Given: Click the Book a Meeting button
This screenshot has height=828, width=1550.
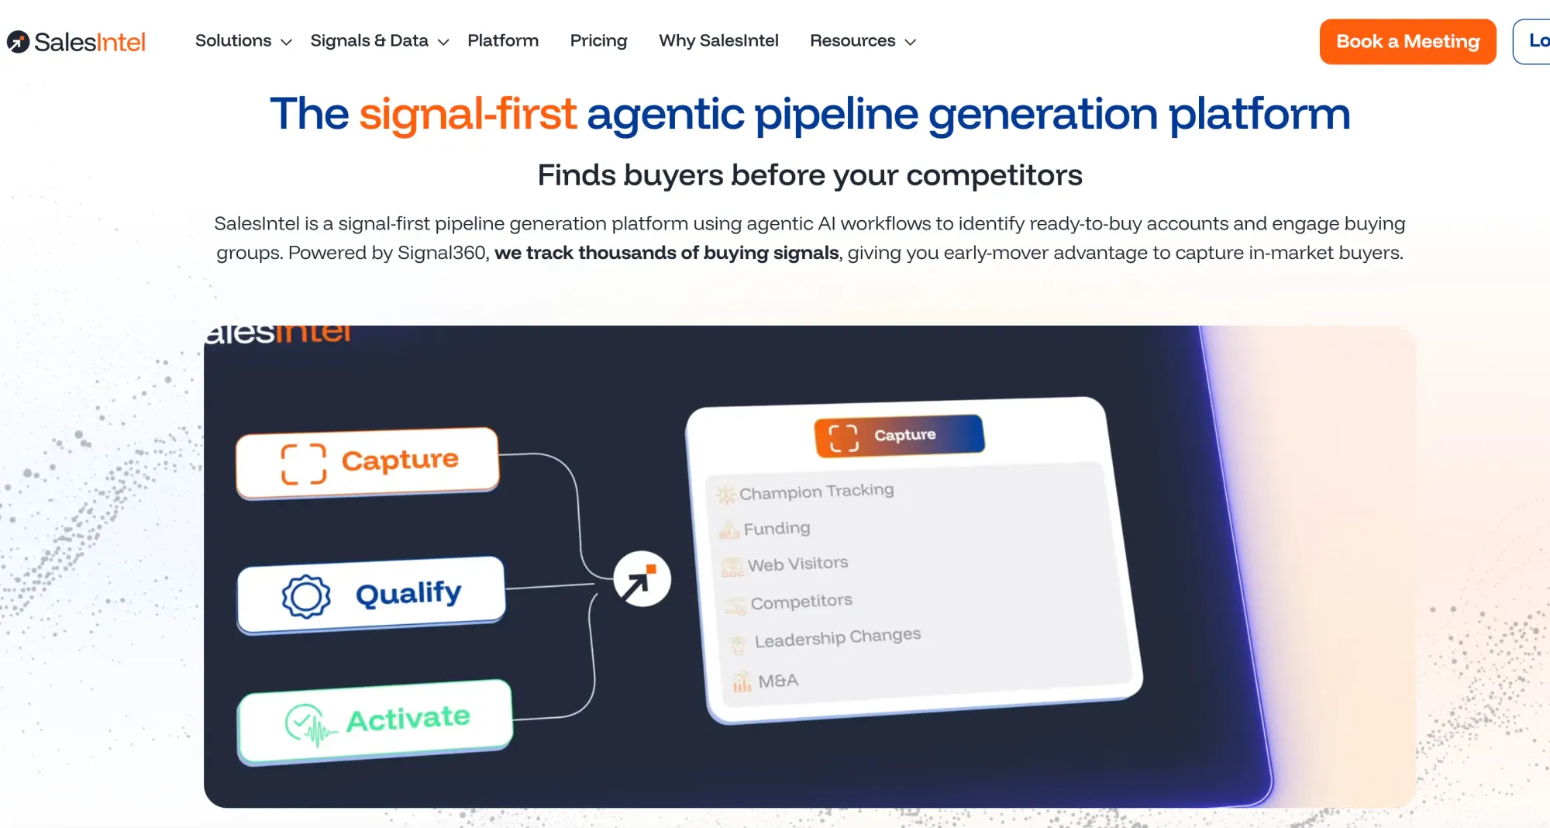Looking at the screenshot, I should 1407,42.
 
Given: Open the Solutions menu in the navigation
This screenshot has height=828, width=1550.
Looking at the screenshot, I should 243,41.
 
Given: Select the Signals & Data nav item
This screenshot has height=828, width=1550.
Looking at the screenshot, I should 379,41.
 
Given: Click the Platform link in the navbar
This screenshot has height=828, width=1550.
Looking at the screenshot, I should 503,41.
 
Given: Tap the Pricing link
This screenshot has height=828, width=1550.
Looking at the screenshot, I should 598,41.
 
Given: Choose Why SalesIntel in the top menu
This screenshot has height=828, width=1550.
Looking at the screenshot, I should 718,41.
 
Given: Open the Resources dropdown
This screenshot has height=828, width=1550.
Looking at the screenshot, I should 863,41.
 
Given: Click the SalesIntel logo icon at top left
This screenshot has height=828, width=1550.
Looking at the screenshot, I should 19,42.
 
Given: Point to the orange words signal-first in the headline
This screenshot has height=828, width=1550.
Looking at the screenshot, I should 467,114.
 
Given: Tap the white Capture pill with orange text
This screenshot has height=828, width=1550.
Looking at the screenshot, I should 367,462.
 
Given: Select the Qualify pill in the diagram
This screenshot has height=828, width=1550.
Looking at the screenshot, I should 371,595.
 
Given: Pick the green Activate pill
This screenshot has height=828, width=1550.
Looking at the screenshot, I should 375,721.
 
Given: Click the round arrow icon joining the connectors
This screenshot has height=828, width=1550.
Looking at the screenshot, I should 642,579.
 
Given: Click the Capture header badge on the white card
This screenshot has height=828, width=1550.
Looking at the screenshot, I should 899,436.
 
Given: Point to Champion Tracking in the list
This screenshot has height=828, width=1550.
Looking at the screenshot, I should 816,492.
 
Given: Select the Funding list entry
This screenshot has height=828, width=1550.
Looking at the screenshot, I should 777,529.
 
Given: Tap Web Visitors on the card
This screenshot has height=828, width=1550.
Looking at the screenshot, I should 797,564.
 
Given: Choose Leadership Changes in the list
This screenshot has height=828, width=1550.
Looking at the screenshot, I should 837,638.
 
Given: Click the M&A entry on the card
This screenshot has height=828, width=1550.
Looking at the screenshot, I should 777,681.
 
